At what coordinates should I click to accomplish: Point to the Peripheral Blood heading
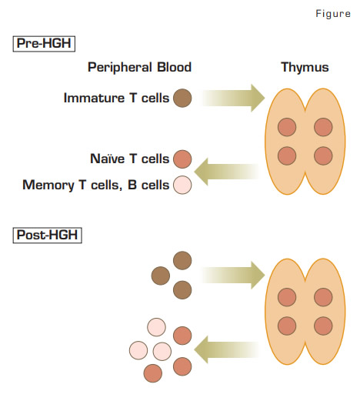pos(139,68)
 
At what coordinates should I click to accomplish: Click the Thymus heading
pos(305,68)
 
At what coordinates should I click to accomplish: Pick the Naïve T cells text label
pos(129,159)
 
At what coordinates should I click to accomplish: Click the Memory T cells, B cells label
pos(96,185)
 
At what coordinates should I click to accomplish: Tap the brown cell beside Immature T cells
pos(182,98)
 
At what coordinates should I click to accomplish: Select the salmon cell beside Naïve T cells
pos(182,159)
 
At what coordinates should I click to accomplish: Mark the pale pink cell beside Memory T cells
pos(182,185)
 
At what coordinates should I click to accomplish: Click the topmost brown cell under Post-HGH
pos(182,260)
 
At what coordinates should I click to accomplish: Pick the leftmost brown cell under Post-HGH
pos(161,275)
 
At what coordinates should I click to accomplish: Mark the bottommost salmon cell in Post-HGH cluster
pos(153,373)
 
